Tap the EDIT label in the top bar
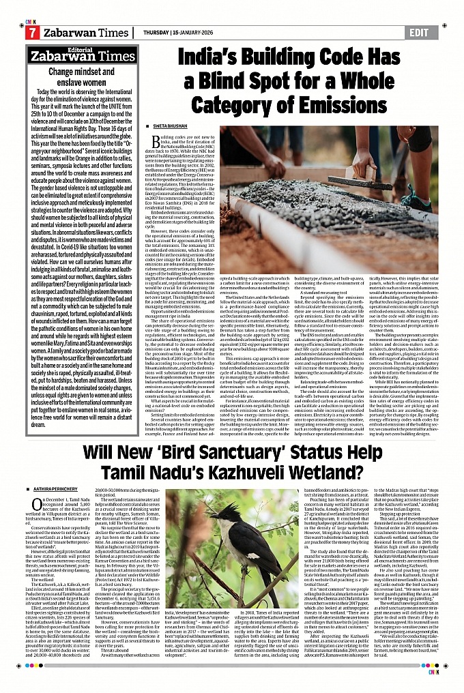coord(416,33)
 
